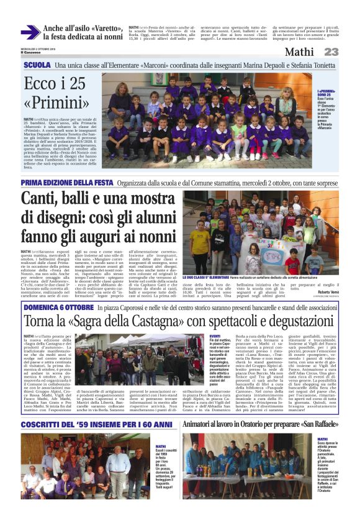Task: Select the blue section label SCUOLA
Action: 37,65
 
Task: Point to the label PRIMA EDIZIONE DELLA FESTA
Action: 66,183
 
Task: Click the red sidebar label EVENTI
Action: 215,335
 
